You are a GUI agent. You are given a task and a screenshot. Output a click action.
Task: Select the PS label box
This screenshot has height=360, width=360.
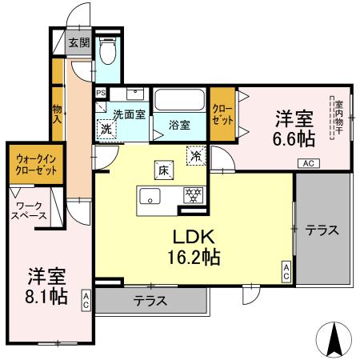point(100,93)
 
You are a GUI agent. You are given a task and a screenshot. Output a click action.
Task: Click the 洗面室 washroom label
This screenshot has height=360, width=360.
point(128,114)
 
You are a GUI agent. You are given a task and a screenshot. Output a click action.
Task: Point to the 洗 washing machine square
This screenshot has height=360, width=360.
point(105,127)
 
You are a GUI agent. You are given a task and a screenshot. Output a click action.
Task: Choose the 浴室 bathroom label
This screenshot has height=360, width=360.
point(179,125)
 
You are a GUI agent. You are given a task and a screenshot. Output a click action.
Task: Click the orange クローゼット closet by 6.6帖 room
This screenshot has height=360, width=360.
point(222,114)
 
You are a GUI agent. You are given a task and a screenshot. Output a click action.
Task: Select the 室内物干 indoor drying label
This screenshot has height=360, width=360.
point(338,115)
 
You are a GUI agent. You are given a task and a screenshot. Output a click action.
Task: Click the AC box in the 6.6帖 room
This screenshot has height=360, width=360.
point(307,163)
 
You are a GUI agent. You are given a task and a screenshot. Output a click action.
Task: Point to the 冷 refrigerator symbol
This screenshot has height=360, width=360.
point(195,154)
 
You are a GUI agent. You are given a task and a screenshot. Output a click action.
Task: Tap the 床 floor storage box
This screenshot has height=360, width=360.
point(162,169)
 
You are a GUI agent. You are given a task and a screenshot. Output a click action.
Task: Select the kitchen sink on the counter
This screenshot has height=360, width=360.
point(149,194)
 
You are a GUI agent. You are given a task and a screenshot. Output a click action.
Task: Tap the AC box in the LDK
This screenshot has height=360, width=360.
point(286,271)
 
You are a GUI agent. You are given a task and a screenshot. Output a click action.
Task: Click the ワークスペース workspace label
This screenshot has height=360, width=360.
point(29,210)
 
